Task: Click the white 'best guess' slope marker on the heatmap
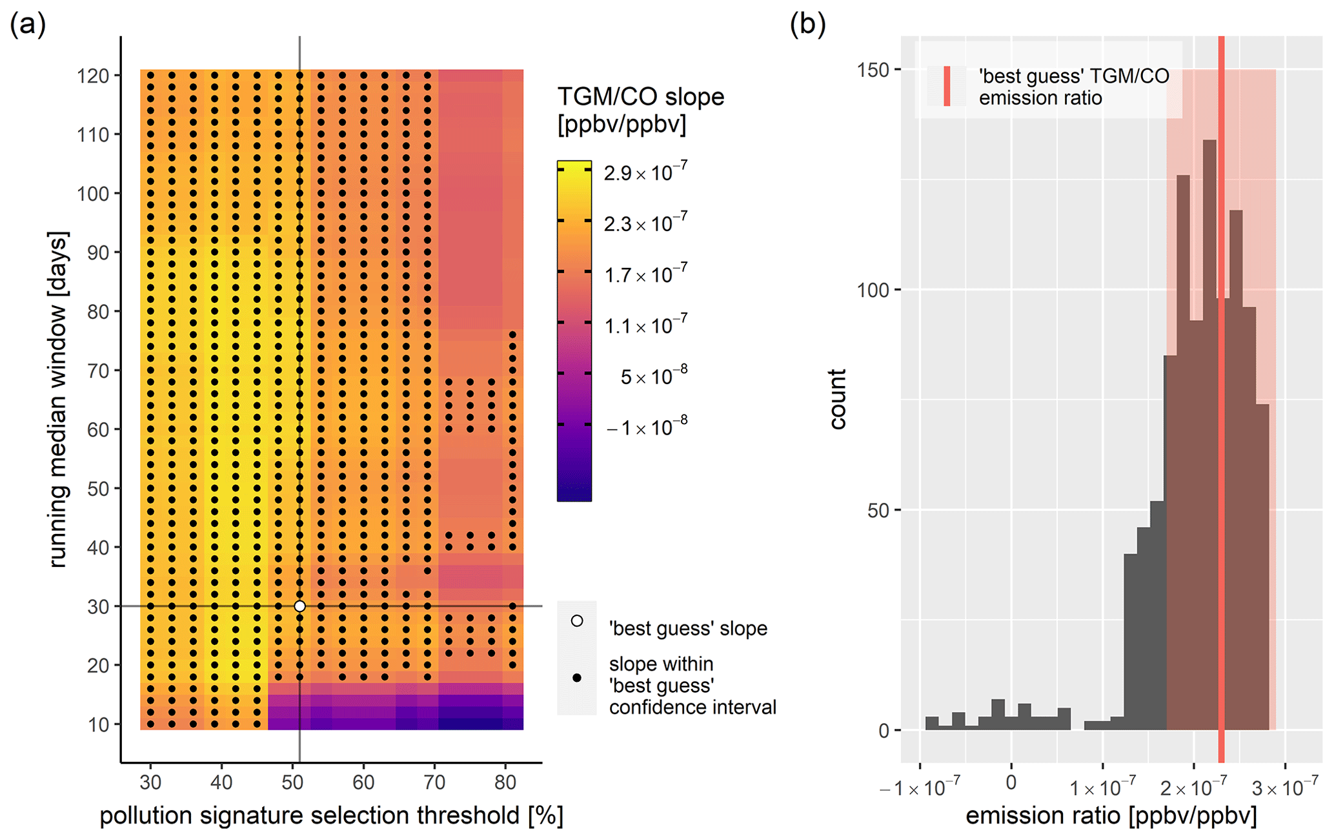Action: (x=299, y=606)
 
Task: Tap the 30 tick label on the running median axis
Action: (x=98, y=606)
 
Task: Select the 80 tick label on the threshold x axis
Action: (x=505, y=782)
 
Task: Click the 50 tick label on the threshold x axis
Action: (x=292, y=782)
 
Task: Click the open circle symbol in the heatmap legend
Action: (x=577, y=620)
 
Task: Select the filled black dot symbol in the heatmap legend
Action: (x=577, y=677)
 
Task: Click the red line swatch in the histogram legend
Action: (x=947, y=86)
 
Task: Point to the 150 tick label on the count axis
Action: (x=873, y=70)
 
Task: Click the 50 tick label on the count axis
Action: (x=878, y=511)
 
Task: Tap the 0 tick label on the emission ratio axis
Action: (x=1011, y=783)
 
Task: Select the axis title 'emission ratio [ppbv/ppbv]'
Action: (x=1111, y=816)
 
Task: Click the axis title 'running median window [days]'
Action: (x=58, y=400)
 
